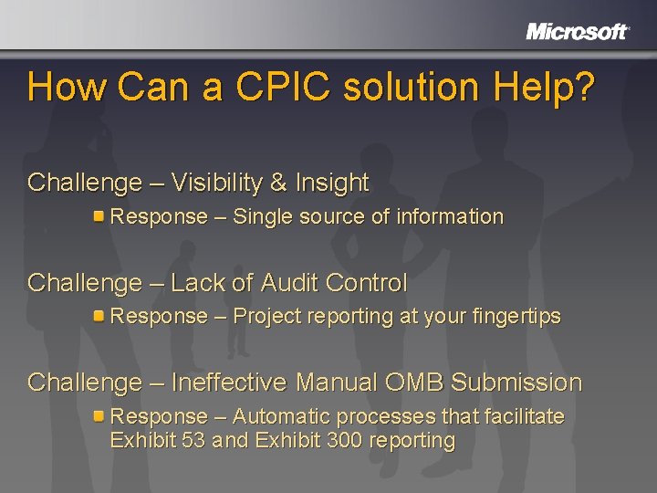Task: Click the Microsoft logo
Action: [x=577, y=32]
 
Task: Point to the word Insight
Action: [x=332, y=183]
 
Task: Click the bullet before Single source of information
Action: [x=99, y=216]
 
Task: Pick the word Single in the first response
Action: [x=263, y=217]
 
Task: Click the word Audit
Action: [x=294, y=283]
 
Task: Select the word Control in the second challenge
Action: [x=370, y=283]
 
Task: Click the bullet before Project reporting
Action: [x=99, y=316]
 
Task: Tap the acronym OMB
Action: [x=415, y=383]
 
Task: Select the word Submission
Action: [x=516, y=383]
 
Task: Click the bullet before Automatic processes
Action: [x=99, y=416]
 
